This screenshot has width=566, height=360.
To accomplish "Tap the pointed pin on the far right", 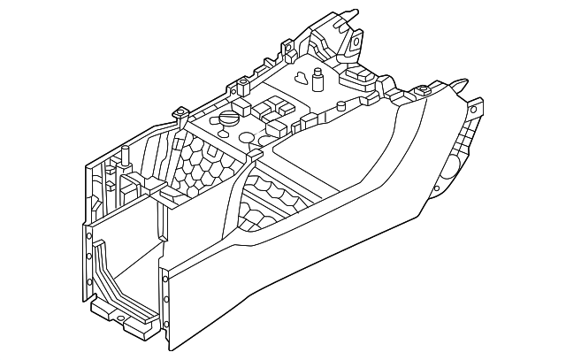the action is pyautogui.click(x=461, y=80).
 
